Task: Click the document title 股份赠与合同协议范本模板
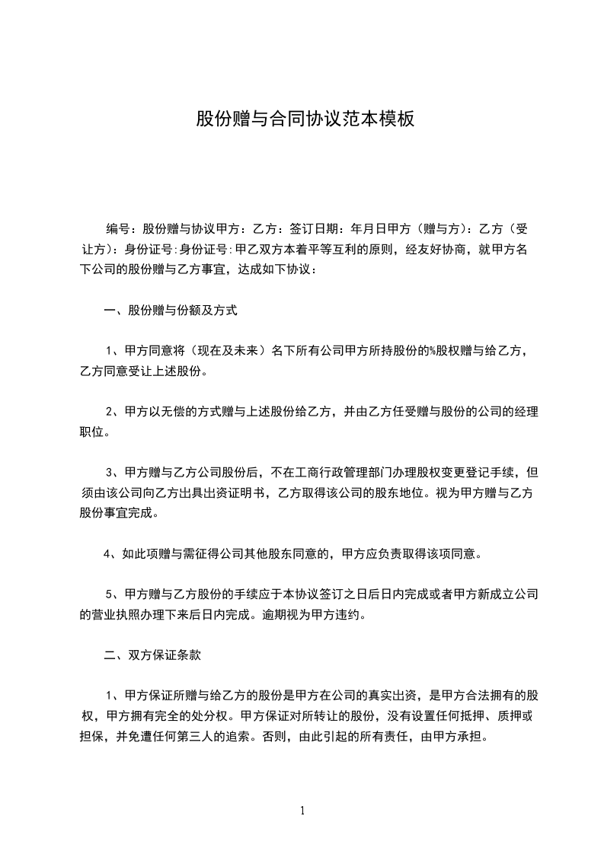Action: coord(305,119)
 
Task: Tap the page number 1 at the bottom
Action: coord(302,811)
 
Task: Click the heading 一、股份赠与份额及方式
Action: coord(171,311)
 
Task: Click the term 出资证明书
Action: coord(237,493)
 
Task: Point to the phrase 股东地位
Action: coord(430,493)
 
